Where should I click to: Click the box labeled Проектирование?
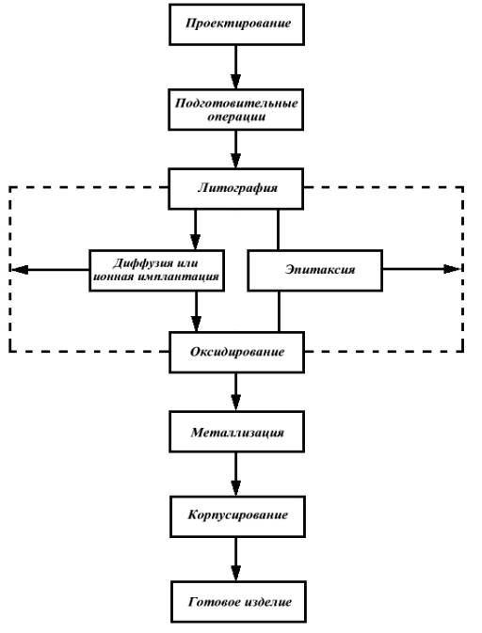tap(236, 24)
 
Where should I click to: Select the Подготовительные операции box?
tap(235, 109)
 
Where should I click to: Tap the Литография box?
tap(235, 189)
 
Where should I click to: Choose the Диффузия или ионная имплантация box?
tap(157, 271)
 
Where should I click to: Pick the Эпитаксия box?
tap(314, 271)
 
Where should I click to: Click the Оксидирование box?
tap(236, 352)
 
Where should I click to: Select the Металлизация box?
tap(236, 432)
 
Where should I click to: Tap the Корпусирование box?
tap(237, 516)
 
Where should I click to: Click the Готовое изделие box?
tap(238, 602)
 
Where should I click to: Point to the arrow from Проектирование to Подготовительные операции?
tap(235, 67)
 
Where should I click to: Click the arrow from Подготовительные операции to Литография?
tap(235, 150)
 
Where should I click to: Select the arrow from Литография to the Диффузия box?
tap(195, 229)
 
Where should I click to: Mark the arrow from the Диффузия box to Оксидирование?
tap(196, 311)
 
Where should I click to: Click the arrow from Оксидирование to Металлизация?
tap(236, 392)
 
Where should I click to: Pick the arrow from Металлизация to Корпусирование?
tap(236, 474)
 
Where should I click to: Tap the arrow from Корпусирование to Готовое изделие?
tap(236, 560)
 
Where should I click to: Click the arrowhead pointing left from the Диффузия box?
tap(20, 269)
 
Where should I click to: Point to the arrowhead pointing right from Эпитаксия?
tap(452, 269)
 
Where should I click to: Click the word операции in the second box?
tap(236, 117)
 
